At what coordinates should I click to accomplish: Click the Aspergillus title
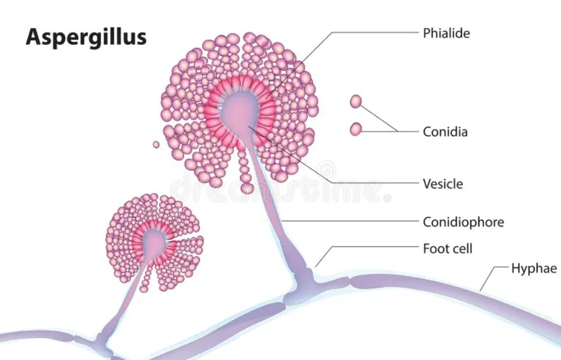coord(86,37)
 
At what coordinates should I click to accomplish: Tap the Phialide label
coord(446,33)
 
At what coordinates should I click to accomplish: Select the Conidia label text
coord(445,132)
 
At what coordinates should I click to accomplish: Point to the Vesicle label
coord(443,184)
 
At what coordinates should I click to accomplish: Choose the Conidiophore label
coord(463,222)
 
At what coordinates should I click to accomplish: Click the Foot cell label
coord(447,249)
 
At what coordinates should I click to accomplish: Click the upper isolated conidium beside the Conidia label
coord(356,102)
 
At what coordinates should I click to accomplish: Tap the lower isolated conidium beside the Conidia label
coord(355,129)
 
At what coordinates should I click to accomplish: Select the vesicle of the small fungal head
coord(153,242)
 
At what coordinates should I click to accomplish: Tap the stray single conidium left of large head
coord(156,144)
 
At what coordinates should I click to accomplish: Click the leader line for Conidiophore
coord(355,221)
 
